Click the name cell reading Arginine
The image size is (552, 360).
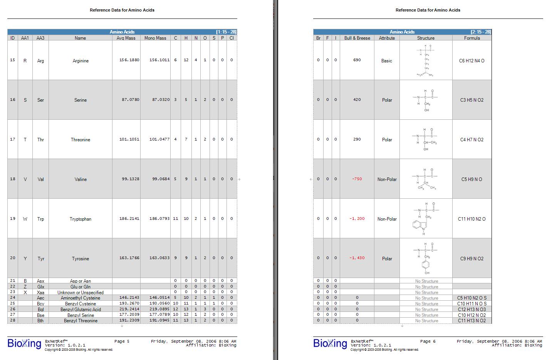pos(81,61)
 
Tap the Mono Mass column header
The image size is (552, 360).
pos(155,38)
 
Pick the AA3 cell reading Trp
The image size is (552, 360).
pos(40,219)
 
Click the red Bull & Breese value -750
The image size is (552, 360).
pos(357,179)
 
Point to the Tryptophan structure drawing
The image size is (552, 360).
pos(426,218)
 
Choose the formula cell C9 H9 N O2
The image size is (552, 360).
pos(472,259)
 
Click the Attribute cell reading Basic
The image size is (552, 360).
pos(387,61)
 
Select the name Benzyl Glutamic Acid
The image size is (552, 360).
pos(81,310)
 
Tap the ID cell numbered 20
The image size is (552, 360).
pos(13,258)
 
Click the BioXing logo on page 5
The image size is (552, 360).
pos(24,343)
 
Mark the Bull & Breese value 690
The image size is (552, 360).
pos(357,60)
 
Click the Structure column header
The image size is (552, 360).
pos(426,38)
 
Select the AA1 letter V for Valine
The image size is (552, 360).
pos(25,179)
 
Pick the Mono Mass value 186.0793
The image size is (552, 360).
pos(159,219)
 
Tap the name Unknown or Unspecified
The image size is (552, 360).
pos(81,293)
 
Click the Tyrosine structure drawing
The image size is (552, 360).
pos(426,258)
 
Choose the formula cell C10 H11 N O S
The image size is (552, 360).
pos(472,304)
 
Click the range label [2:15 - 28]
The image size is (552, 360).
pos(481,32)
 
